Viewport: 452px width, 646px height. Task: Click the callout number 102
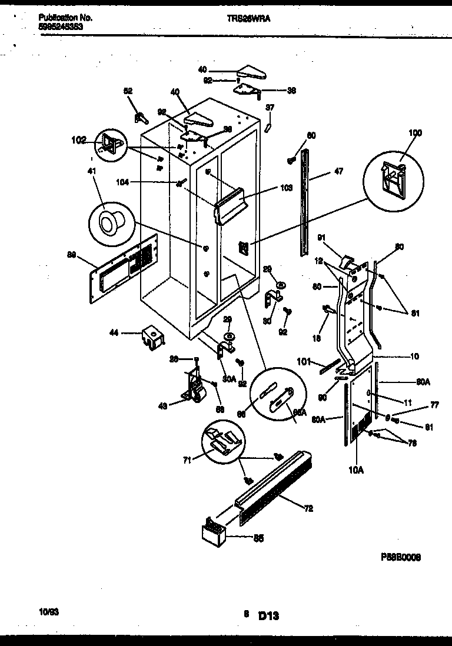(x=78, y=140)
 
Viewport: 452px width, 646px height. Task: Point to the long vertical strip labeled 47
(x=305, y=194)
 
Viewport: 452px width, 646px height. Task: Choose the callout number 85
(x=258, y=537)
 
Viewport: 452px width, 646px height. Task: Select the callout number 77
(x=434, y=405)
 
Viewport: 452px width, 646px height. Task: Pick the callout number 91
(x=321, y=238)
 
